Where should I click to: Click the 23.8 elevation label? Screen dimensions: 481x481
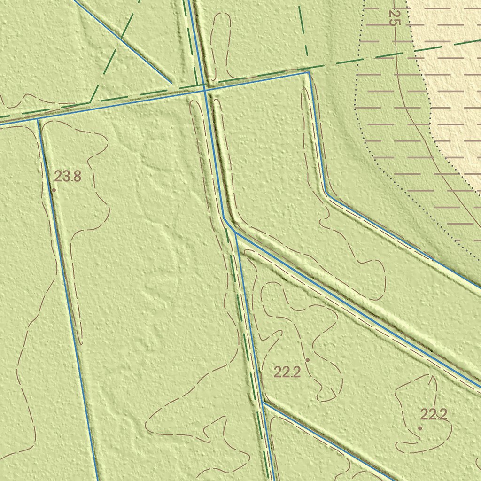click(68, 177)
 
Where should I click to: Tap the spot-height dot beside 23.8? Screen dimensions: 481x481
click(54, 190)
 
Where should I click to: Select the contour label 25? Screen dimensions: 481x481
click(394, 18)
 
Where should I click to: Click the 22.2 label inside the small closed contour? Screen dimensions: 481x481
click(433, 414)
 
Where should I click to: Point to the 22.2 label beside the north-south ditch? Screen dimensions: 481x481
click(287, 372)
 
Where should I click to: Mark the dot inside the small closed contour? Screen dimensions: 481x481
click(419, 428)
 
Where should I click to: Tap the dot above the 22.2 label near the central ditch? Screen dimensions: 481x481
click(307, 360)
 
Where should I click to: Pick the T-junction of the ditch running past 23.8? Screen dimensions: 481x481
click(38, 119)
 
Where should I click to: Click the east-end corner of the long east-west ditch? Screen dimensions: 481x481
click(309, 72)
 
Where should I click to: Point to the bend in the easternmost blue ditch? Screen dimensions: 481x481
click(326, 193)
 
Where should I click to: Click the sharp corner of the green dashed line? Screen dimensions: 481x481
click(90, 102)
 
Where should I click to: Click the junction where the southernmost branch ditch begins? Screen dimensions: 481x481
click(263, 403)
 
